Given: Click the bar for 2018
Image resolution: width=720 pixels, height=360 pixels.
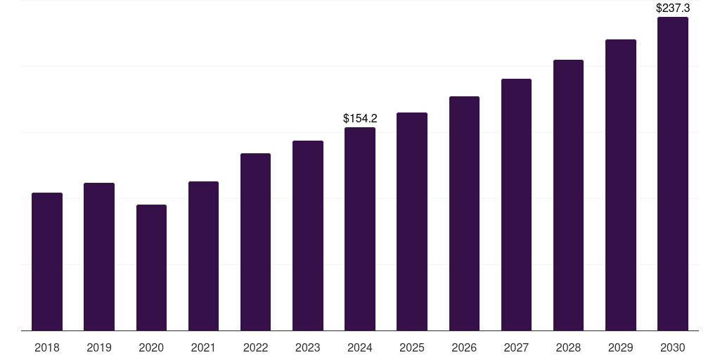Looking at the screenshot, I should (x=47, y=262).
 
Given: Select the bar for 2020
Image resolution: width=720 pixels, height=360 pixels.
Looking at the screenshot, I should (x=151, y=267).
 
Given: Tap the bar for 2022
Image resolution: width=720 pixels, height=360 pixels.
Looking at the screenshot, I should (x=255, y=242).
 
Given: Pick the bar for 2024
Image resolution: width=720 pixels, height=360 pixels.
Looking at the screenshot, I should (x=360, y=229).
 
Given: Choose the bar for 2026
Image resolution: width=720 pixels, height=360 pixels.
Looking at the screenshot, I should (x=464, y=214).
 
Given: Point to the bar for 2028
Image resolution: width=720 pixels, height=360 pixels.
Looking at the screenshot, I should (x=568, y=195).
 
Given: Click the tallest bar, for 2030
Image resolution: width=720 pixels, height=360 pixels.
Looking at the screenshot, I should (x=673, y=174).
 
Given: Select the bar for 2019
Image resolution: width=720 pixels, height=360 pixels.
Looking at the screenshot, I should (x=99, y=257).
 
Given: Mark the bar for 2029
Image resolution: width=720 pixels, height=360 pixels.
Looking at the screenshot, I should (x=621, y=185).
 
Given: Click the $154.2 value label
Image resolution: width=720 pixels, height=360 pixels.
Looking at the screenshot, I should (x=360, y=119).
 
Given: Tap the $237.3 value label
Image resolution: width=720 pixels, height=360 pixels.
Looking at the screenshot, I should (x=673, y=8).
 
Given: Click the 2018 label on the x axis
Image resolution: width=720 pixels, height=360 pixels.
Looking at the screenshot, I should (x=47, y=347).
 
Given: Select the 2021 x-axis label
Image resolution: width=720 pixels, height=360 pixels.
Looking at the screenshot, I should (x=203, y=347).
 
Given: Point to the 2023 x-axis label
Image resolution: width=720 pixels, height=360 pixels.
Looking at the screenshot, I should (x=308, y=347).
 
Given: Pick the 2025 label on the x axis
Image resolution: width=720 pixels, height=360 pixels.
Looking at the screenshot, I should (x=412, y=347).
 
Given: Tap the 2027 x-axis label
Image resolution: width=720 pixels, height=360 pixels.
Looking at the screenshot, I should (x=516, y=347).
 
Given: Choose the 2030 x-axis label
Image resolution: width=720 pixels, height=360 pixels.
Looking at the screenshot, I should (x=673, y=347).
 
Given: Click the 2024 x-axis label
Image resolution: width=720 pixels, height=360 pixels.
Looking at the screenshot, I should (x=360, y=347).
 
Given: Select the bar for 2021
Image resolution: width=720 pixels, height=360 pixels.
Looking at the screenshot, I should (x=203, y=256).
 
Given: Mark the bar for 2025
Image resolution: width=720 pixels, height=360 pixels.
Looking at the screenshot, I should (x=412, y=221).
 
